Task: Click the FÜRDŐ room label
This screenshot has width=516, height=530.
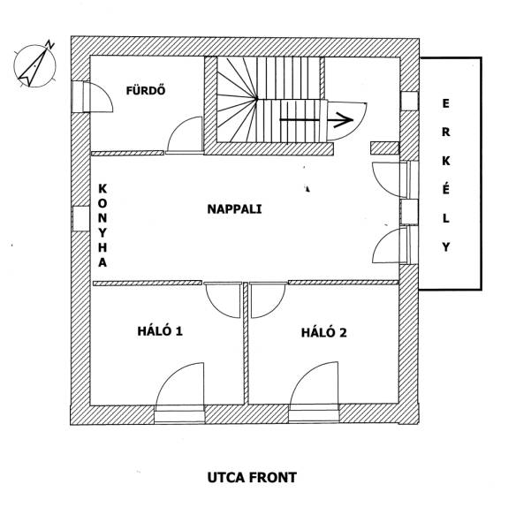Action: tap(146, 90)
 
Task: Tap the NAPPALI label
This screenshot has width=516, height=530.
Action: tap(234, 209)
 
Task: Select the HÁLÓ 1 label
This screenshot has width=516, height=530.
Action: tap(160, 331)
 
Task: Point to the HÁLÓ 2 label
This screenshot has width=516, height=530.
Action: tap(324, 332)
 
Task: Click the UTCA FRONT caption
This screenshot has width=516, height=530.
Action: tap(252, 478)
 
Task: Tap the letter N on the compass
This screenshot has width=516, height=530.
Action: tap(50, 44)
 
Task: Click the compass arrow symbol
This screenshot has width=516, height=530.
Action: tap(33, 67)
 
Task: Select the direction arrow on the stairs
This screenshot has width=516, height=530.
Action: tap(316, 119)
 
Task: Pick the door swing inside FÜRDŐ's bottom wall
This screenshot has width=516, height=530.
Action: tap(185, 135)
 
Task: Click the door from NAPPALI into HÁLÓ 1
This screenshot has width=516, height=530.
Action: tap(224, 300)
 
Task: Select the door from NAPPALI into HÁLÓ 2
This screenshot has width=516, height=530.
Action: tap(268, 300)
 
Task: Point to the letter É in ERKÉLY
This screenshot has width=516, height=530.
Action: tap(446, 189)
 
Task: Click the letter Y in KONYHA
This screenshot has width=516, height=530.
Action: tap(102, 232)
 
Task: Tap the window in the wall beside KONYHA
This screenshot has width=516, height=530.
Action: tap(81, 219)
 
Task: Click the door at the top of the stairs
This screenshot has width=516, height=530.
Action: tap(346, 121)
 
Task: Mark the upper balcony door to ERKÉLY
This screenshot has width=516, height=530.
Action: tap(395, 179)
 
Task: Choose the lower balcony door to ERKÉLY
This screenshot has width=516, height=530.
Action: tap(395, 245)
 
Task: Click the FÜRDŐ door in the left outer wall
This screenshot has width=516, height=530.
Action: tap(92, 96)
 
